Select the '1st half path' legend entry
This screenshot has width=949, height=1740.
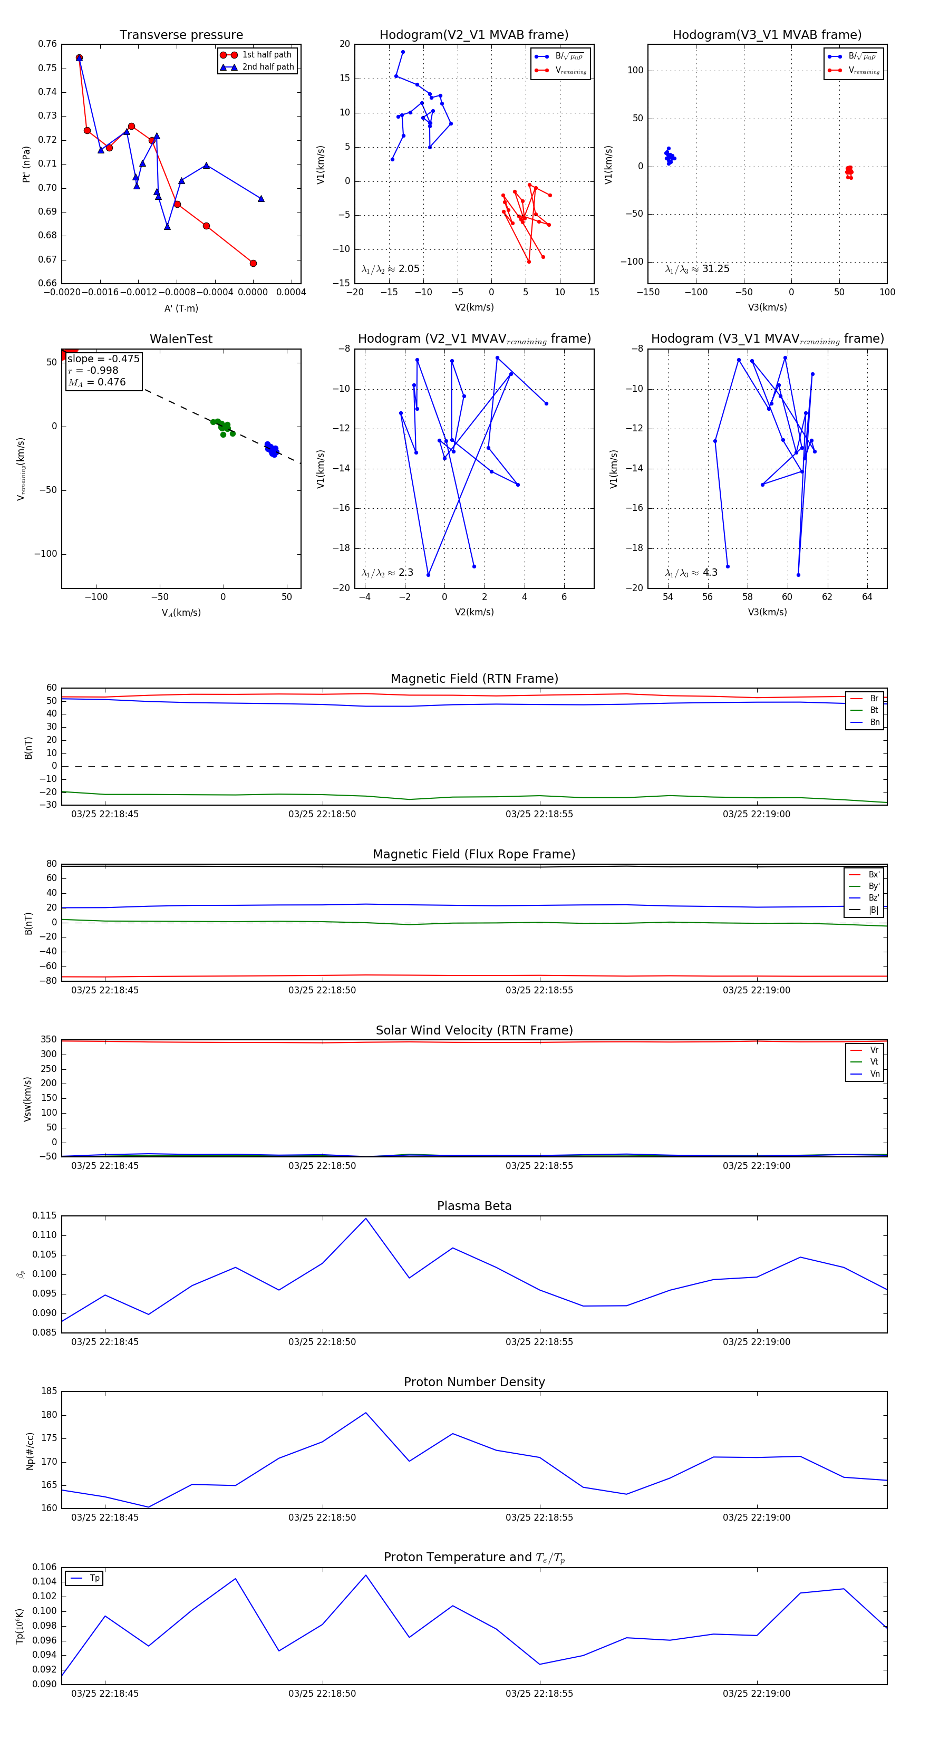[266, 55]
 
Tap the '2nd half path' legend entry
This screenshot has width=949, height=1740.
[267, 67]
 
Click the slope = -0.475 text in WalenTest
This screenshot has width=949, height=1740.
[103, 359]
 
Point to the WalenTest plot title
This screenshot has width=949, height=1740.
[181, 339]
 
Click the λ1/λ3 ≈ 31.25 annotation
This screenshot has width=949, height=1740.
[697, 269]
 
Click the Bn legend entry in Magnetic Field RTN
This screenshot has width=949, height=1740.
[875, 722]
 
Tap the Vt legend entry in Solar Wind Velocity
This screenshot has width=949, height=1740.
[874, 1062]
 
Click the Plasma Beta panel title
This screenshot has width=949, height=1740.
[474, 1206]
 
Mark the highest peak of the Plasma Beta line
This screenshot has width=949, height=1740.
[366, 1219]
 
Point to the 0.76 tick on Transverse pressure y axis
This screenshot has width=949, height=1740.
[47, 44]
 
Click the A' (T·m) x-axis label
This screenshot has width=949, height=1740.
[181, 308]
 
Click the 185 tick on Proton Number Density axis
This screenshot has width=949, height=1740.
[49, 1391]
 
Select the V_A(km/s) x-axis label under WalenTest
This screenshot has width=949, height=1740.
[181, 613]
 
